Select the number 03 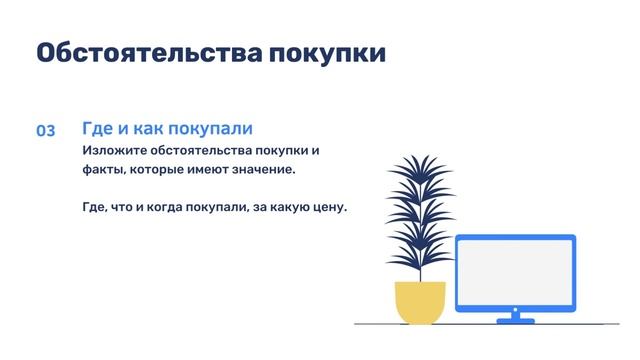46,132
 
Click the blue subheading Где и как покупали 167,130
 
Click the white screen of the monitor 515,272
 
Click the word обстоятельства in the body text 203,151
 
